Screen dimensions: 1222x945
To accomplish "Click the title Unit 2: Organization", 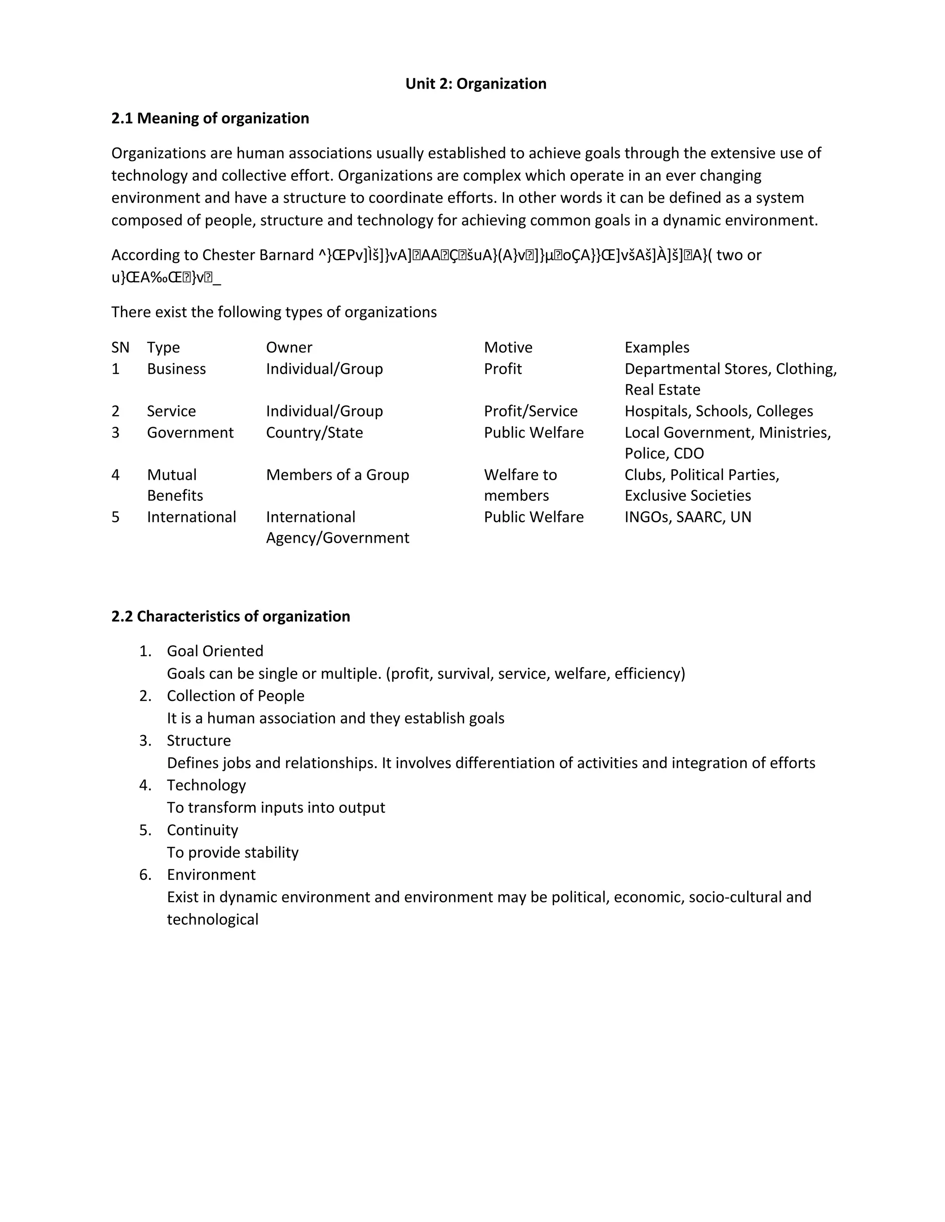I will [x=475, y=84].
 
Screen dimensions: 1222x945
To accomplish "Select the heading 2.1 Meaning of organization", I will [x=210, y=119].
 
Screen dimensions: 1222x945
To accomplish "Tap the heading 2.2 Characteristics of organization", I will [x=230, y=617].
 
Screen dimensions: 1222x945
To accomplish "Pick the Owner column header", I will [x=289, y=348].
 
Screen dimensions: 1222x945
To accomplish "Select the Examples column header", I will [x=657, y=348].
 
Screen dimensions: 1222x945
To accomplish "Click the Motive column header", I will [x=508, y=348].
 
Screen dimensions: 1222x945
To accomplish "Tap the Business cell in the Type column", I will [x=176, y=369].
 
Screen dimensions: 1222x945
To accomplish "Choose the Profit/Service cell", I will [x=530, y=411].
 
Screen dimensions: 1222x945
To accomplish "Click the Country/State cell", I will [x=314, y=433].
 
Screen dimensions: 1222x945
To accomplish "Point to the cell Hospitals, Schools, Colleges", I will [x=718, y=411].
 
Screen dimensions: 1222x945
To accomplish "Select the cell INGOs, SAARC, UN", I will [x=688, y=517].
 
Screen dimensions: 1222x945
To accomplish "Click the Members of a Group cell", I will [x=337, y=475].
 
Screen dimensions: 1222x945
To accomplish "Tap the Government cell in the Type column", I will [x=190, y=433].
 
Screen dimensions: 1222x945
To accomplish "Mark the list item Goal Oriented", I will [x=215, y=651].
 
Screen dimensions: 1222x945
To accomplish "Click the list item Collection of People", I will [x=235, y=696].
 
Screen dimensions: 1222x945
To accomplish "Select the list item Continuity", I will [x=202, y=830].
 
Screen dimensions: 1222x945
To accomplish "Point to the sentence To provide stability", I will [x=233, y=853].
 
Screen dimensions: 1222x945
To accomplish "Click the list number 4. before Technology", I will [x=145, y=786].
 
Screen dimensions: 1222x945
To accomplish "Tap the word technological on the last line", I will [x=212, y=920].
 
